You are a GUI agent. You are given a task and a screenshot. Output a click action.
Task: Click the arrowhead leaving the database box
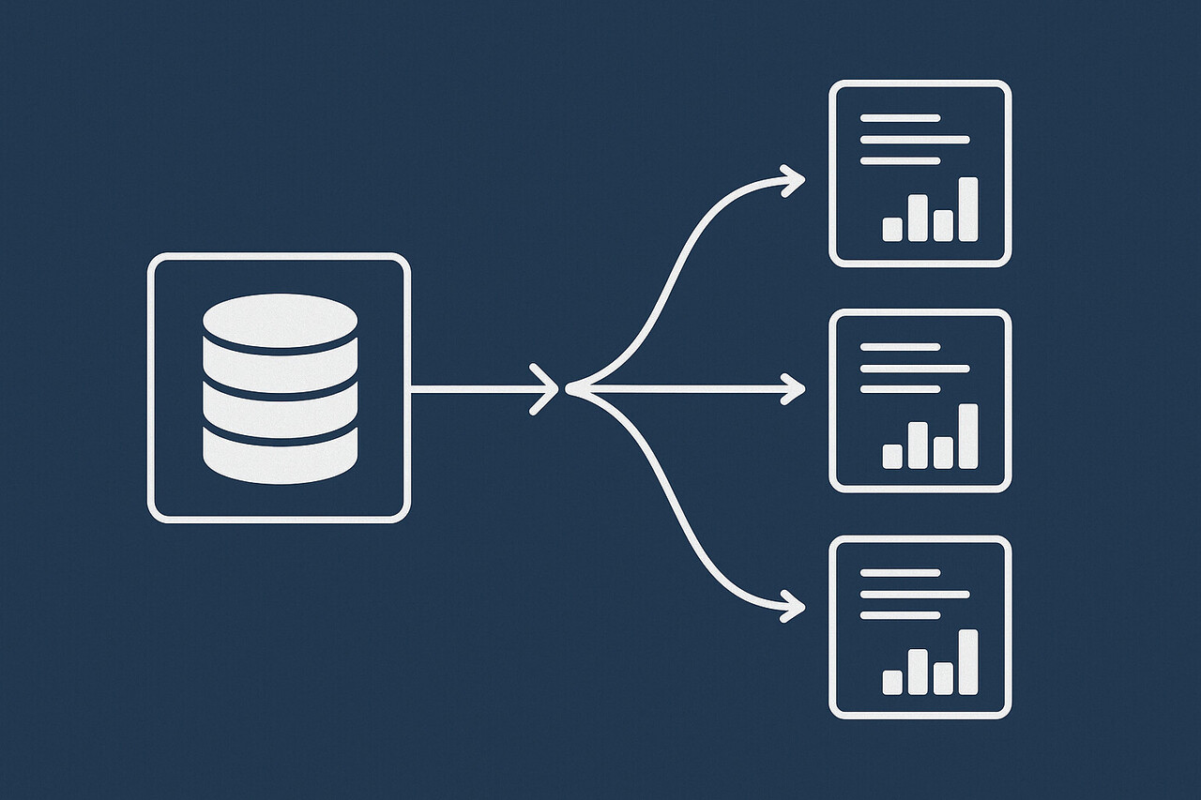(x=547, y=388)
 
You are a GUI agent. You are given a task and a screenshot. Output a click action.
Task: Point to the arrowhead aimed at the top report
(x=794, y=180)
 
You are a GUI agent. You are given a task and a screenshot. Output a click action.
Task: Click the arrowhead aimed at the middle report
(x=794, y=388)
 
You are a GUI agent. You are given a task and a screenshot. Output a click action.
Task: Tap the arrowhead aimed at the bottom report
(x=794, y=606)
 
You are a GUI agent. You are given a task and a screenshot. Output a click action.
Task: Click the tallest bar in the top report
(x=967, y=209)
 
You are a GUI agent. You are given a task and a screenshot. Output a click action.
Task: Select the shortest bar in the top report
(x=892, y=229)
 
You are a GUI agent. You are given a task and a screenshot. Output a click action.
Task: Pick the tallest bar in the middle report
(x=967, y=436)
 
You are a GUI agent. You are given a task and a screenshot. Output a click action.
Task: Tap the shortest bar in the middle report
(x=892, y=456)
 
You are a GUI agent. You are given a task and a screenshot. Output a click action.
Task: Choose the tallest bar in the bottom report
(x=967, y=662)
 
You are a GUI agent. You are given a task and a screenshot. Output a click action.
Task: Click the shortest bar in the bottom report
(x=892, y=682)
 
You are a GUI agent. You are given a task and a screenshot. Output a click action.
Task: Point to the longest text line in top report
(x=914, y=140)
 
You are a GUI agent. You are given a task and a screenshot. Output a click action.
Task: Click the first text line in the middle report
(x=900, y=347)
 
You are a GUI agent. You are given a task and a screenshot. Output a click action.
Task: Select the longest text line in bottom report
(x=914, y=594)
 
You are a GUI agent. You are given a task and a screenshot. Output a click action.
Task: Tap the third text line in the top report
(x=900, y=161)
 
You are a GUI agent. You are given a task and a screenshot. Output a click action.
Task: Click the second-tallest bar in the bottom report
(x=918, y=672)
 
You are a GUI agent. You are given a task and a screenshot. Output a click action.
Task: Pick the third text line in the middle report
(x=900, y=388)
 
